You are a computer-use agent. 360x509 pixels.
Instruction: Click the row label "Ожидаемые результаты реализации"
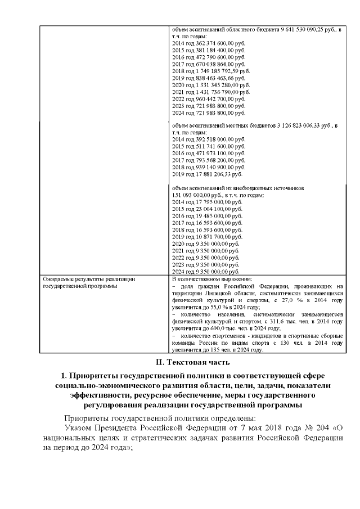pos(89,278)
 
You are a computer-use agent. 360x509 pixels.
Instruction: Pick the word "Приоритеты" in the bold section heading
pos(95,375)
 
